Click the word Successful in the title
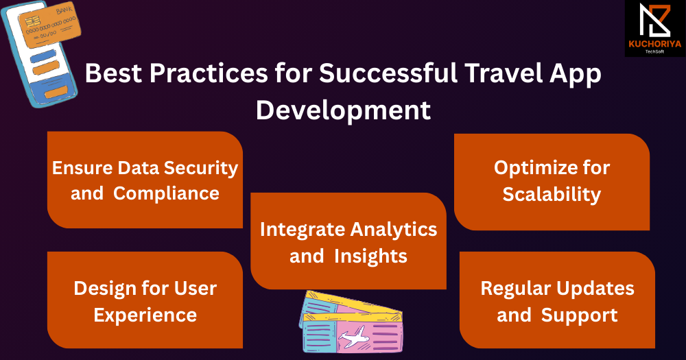click(388, 73)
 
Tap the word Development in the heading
click(344, 110)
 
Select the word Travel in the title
click(503, 73)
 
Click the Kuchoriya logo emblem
click(654, 20)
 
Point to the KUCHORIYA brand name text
click(655, 44)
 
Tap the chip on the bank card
click(32, 21)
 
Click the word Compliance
click(166, 193)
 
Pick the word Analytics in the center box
click(393, 230)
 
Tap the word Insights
click(370, 256)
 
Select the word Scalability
click(552, 194)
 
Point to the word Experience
click(145, 315)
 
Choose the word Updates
click(595, 289)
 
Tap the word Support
click(579, 315)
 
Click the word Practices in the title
click(209, 73)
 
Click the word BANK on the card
click(64, 10)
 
